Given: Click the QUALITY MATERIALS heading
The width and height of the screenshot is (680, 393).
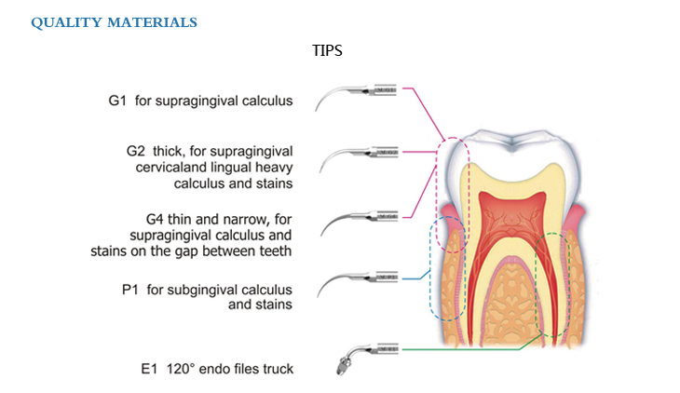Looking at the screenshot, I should (x=114, y=22).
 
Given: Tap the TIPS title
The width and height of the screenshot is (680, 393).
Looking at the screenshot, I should (x=327, y=50).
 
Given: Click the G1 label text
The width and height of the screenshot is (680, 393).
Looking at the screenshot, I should (x=117, y=100).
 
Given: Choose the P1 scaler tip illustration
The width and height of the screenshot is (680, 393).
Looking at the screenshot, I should (x=359, y=279).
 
